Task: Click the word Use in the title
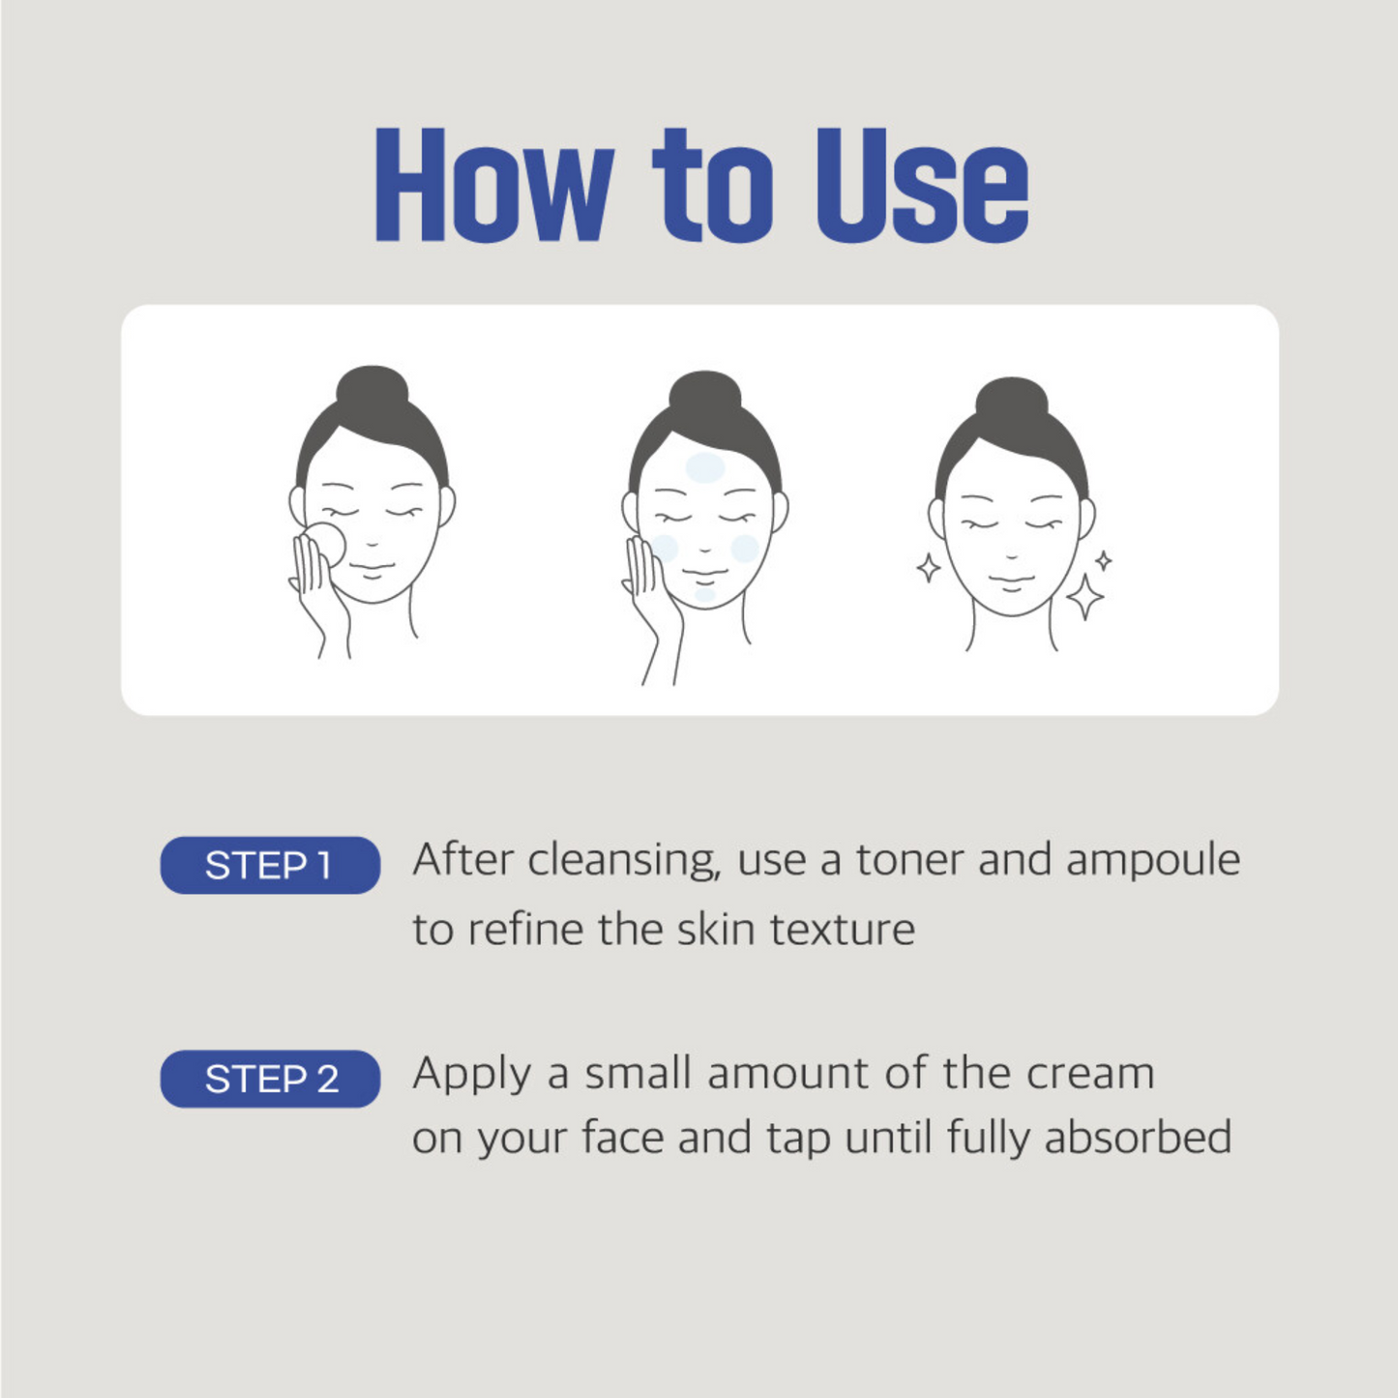coord(922,185)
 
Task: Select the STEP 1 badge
coord(270,865)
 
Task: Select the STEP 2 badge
coord(270,1079)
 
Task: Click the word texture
coord(843,930)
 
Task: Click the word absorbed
coord(1139,1137)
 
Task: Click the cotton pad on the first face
coord(324,545)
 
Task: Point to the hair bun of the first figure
coord(372,393)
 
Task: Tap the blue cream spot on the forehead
coord(705,468)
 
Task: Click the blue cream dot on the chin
coord(704,596)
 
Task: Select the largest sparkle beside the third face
coord(1085,597)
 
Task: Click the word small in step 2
coord(638,1073)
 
